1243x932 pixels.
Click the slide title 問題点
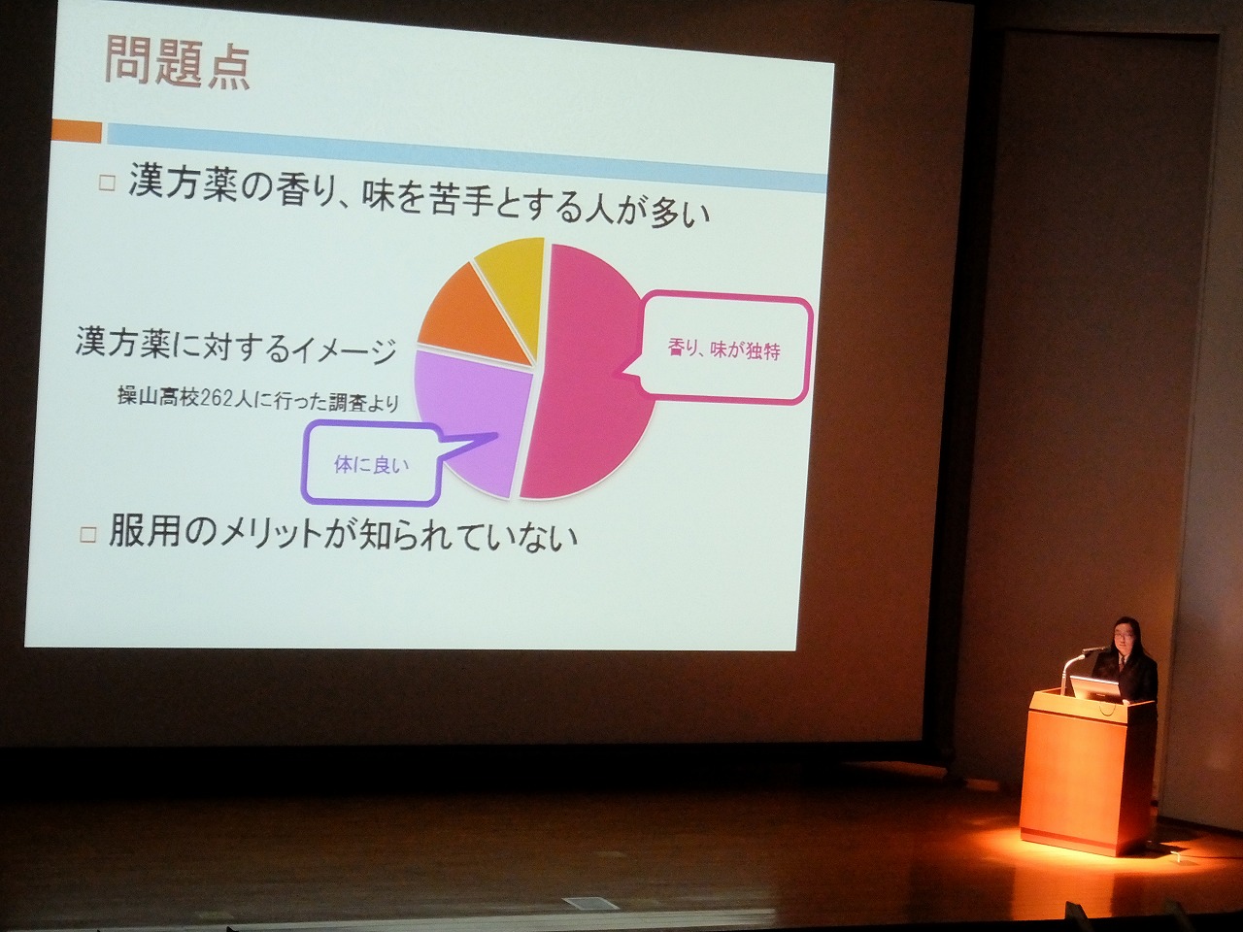pyautogui.click(x=178, y=62)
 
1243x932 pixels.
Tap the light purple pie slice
pyautogui.click(x=473, y=418)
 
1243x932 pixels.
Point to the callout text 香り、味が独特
pyautogui.click(x=724, y=350)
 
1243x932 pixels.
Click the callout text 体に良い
pyautogui.click(x=371, y=465)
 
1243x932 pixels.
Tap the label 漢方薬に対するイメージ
pyautogui.click(x=236, y=344)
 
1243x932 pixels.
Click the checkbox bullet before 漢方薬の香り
pyautogui.click(x=107, y=183)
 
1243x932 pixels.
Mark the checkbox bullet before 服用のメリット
pyautogui.click(x=88, y=535)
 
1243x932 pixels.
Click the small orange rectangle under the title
pyautogui.click(x=77, y=132)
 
